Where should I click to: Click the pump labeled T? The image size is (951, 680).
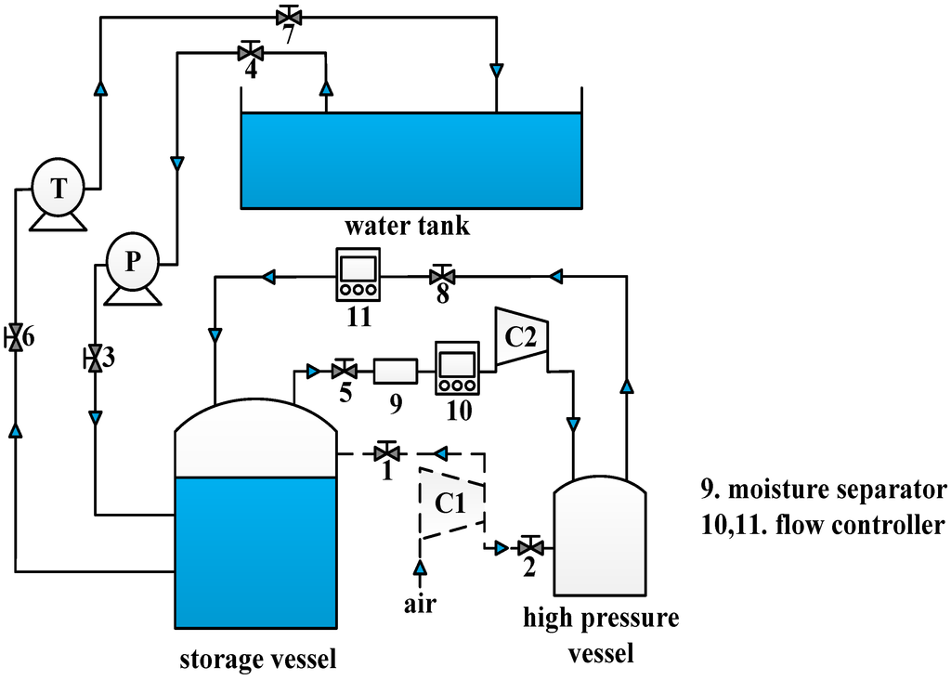pos(59,189)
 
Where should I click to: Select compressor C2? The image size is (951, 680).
pos(521,337)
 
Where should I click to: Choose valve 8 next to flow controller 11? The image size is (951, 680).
pos(442,276)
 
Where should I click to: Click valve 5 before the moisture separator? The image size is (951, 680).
pos(344,372)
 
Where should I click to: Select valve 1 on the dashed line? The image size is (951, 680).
pos(385,453)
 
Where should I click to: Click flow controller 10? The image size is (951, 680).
pos(456,369)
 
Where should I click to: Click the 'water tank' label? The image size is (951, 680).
pos(407,226)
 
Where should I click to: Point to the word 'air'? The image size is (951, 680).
pos(420,604)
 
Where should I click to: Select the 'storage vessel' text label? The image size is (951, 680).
pos(257,660)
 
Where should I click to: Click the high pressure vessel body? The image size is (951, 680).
pos(599,539)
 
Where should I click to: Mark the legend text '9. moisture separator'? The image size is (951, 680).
pos(824,490)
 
